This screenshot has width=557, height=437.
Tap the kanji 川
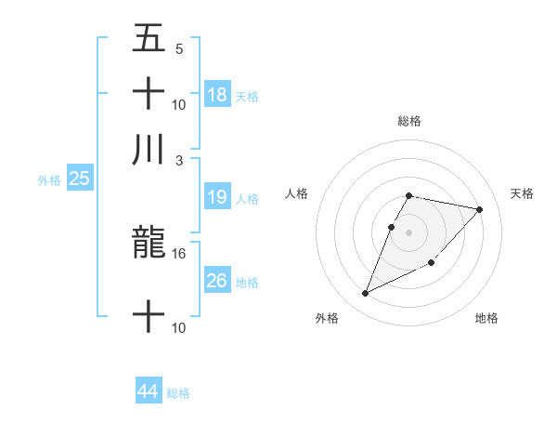(x=149, y=150)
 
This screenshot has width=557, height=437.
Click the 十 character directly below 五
(x=149, y=94)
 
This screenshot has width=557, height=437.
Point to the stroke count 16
(x=179, y=253)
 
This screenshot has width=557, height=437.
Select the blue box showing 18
(x=217, y=94)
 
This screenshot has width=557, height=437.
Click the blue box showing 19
(x=217, y=197)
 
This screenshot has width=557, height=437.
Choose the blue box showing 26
(x=217, y=281)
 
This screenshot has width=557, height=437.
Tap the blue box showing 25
(x=79, y=179)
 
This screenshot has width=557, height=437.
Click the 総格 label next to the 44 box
(x=178, y=392)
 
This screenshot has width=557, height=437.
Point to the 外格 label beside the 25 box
(x=49, y=179)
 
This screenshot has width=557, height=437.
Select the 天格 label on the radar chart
(x=523, y=193)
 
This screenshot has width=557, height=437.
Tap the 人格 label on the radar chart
(x=296, y=193)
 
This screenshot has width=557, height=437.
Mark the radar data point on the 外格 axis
(x=365, y=294)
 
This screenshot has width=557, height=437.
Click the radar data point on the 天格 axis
(x=479, y=210)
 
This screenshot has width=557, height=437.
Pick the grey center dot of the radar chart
(x=409, y=232)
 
